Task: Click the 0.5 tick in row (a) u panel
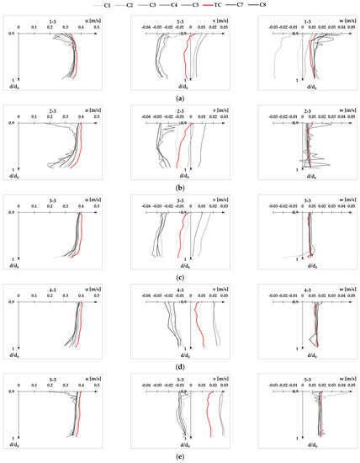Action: [97, 27]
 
